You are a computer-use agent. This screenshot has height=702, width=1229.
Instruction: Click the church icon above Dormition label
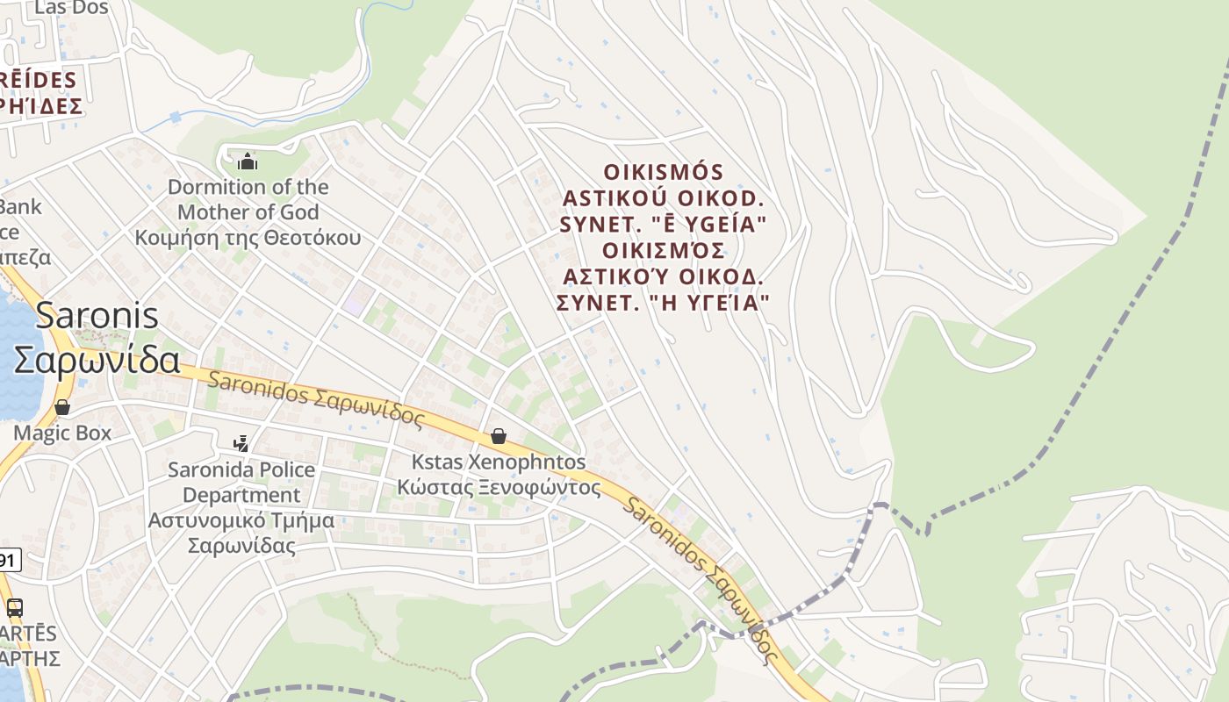point(248,161)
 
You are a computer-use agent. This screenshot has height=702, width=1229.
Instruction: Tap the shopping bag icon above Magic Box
point(62,407)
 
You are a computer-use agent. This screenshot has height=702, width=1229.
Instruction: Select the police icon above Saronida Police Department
point(241,444)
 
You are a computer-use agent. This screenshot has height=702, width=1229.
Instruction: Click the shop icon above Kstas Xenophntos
point(499,436)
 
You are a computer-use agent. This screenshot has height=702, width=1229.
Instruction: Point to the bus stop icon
point(15,607)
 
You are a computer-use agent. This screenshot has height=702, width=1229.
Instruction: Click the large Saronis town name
point(97,316)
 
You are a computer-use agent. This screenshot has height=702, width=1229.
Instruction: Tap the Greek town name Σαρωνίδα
point(97,360)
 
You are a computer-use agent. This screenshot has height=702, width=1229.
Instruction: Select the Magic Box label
point(62,433)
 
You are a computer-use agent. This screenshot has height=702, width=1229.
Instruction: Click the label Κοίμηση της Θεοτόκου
point(248,237)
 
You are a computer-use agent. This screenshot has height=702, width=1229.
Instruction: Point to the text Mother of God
point(248,211)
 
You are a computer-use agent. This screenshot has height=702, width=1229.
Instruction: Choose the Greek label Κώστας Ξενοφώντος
point(499,487)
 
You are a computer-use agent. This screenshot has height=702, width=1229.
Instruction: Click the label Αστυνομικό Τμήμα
point(241,519)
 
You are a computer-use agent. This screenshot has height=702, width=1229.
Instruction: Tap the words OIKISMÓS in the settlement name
point(664,171)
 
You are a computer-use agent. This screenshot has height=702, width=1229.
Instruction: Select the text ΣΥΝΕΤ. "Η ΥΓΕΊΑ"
point(664,303)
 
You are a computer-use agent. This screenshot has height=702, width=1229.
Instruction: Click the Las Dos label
point(71,8)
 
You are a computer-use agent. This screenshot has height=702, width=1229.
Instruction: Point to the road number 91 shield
point(8,559)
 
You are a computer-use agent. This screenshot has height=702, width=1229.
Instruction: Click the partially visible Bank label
point(20,207)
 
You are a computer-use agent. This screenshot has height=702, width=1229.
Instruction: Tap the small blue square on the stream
point(176,117)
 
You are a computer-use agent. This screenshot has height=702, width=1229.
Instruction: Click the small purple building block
point(353,304)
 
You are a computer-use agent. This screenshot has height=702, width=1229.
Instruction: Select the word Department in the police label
point(241,495)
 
